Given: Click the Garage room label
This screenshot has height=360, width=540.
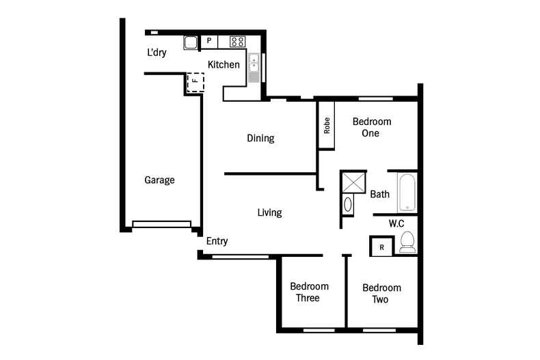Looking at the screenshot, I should tap(159, 180).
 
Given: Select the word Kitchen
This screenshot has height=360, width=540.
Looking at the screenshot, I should tap(224, 65).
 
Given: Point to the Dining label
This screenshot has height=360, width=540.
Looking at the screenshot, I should tap(260, 138).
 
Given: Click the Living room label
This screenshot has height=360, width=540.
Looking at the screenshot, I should tap(269, 212).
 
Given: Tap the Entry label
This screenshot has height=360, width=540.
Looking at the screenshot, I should tap(217, 241).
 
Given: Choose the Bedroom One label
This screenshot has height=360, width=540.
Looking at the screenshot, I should tap(371, 128).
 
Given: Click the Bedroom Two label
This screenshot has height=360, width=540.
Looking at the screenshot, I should tap(381, 294).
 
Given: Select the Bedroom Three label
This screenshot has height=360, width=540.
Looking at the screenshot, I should tap(309, 292).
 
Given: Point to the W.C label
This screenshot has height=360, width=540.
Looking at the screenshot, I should tap(397, 223).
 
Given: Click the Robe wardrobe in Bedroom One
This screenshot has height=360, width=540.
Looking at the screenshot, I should tap(327, 125).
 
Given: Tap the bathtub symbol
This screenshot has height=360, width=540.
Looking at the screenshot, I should tap(407, 192).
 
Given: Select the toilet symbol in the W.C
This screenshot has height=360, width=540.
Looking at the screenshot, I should tap(407, 242).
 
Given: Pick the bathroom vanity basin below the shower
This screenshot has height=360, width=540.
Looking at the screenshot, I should tap(348, 204).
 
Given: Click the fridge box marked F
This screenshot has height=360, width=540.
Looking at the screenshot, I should tap(195, 83).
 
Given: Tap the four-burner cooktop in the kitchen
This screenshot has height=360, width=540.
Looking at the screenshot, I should tap(237, 42).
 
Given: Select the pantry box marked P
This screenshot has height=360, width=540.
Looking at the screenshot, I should tap(209, 42).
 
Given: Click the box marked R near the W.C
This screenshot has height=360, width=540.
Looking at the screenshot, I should tap(381, 247).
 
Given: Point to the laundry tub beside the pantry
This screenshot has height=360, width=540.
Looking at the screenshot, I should tap(190, 42).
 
